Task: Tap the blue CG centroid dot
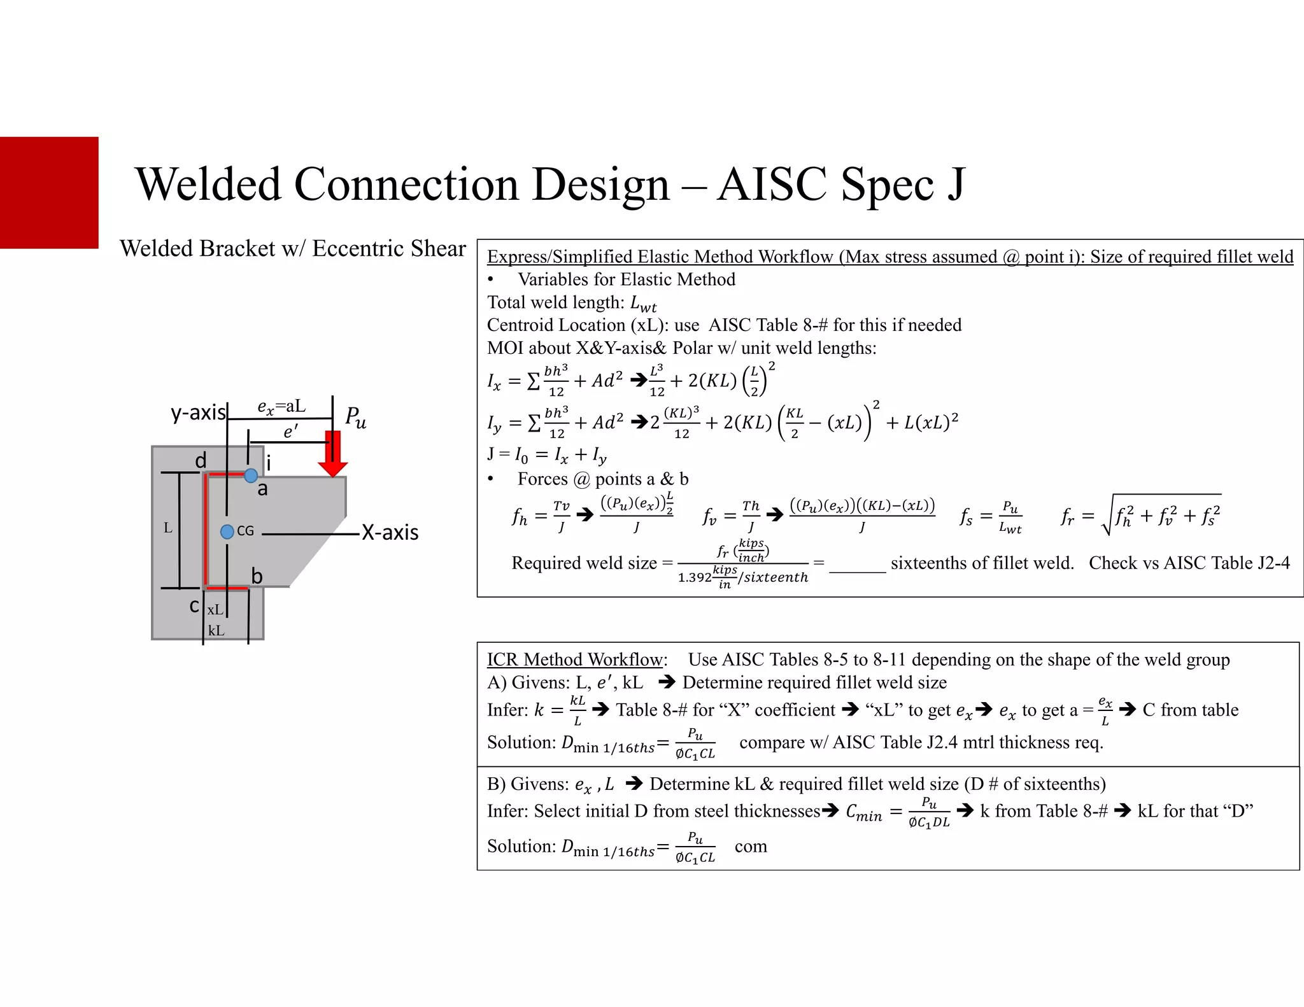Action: (x=227, y=532)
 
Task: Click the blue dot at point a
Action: (x=251, y=475)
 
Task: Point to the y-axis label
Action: (x=198, y=412)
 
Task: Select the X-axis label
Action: (x=390, y=532)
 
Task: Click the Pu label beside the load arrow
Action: (x=355, y=418)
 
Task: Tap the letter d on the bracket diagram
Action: (x=201, y=460)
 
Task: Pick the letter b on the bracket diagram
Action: (x=257, y=576)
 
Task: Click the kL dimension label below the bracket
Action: (x=216, y=630)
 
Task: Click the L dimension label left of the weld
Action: (x=167, y=528)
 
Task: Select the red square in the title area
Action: (x=49, y=192)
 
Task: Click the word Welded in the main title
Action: (x=208, y=185)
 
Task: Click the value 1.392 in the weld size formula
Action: (x=694, y=577)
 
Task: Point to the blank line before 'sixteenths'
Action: (x=857, y=567)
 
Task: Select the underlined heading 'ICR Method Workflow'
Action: (x=576, y=659)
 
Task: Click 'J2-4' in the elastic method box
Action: (x=1270, y=563)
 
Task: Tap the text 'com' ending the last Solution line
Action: (x=751, y=847)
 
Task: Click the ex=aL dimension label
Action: (x=281, y=407)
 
